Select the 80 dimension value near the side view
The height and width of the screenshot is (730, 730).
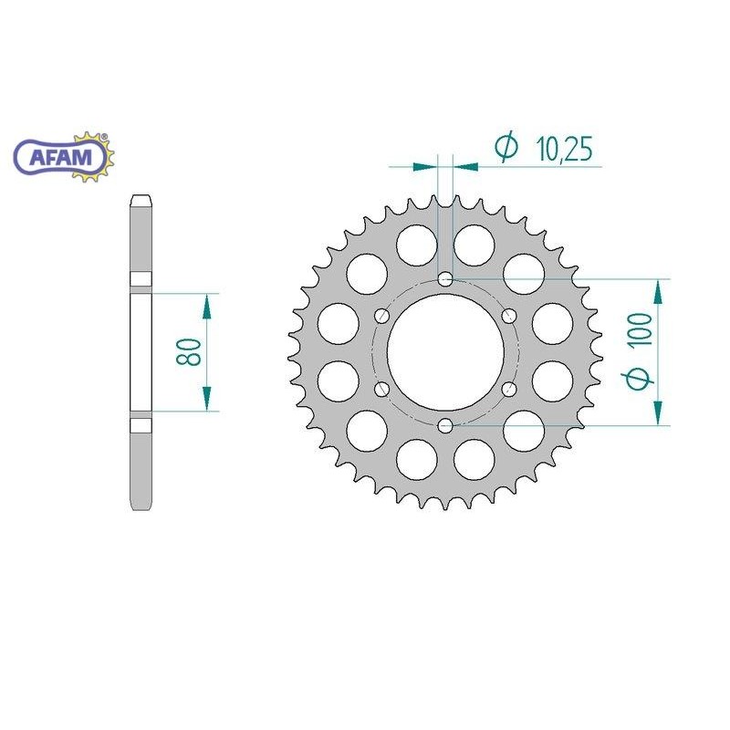(x=190, y=350)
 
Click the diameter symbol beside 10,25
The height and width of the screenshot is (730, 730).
(x=506, y=146)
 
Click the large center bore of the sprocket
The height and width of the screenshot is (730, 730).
(x=444, y=351)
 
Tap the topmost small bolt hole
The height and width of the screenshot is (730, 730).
(x=444, y=278)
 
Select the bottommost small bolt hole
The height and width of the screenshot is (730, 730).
(x=444, y=425)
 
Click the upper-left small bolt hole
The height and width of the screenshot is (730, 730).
(x=381, y=316)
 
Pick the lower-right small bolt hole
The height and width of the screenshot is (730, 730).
(x=509, y=390)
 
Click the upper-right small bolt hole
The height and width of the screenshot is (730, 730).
(x=509, y=316)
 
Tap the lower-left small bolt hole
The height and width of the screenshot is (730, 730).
(x=381, y=390)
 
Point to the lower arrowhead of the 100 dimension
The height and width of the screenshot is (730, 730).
(x=657, y=412)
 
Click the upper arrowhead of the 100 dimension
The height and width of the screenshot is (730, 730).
(x=657, y=293)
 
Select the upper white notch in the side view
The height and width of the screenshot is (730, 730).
(x=142, y=278)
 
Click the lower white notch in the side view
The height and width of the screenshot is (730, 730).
(x=142, y=425)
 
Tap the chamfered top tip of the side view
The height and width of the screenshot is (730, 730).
(x=142, y=200)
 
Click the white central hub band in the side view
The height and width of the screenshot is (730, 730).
(x=142, y=351)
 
